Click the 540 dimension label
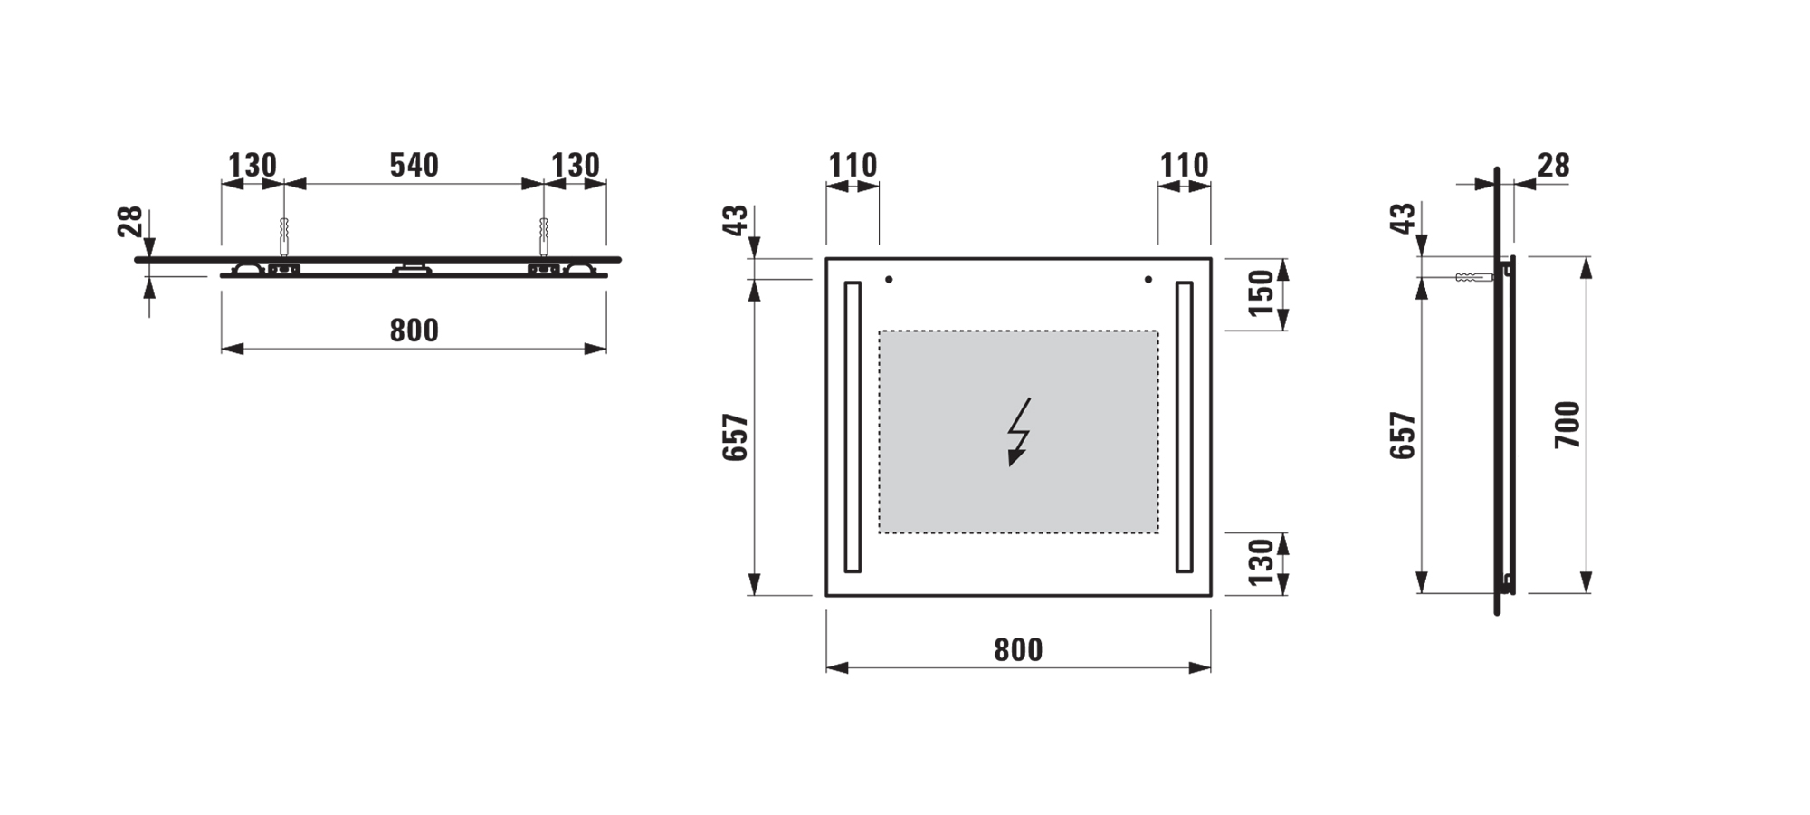414,165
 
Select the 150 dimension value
1261,292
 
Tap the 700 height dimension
1567,424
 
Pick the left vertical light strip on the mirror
853,427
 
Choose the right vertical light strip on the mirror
1184,427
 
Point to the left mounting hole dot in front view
889,280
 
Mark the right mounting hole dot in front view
1148,280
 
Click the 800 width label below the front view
1018,649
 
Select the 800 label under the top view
414,331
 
